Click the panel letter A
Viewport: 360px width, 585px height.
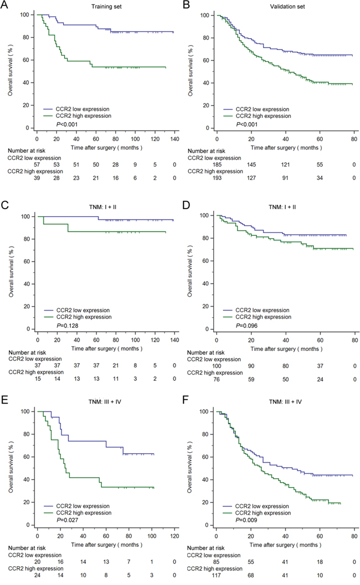point(4,5)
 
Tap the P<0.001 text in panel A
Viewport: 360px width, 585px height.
point(73,124)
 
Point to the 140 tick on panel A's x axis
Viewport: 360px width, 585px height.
point(174,134)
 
